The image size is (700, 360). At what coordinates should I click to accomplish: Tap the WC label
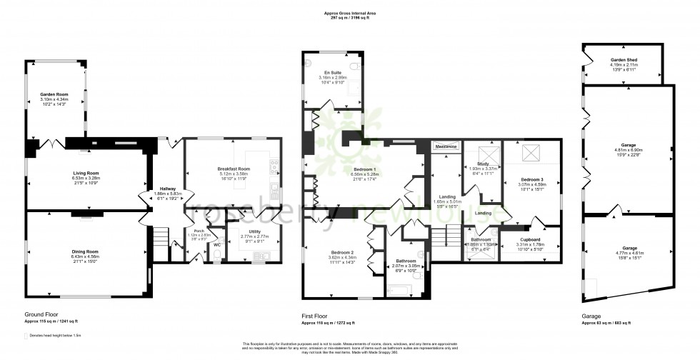pyautogui.click(x=217, y=245)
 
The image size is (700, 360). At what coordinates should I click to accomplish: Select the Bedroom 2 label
pyautogui.click(x=341, y=253)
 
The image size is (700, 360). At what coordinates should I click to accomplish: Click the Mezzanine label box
pyautogui.click(x=446, y=146)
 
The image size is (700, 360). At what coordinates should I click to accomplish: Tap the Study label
pyautogui.click(x=475, y=164)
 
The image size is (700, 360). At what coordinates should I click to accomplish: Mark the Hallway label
pyautogui.click(x=166, y=189)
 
